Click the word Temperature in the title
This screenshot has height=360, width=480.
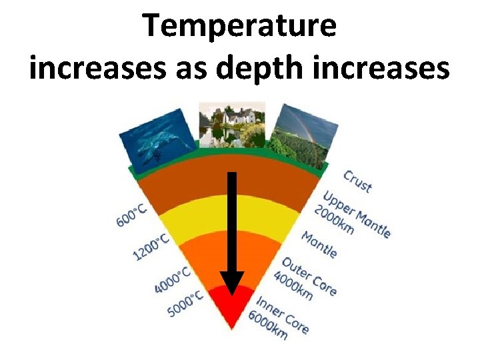point(240,27)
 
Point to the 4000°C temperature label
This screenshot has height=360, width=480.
point(173,279)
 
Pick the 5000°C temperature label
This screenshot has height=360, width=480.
point(185,303)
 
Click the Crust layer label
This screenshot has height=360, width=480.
point(357,181)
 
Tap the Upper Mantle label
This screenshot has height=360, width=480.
point(357,213)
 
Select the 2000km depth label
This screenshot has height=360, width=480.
point(337,219)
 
